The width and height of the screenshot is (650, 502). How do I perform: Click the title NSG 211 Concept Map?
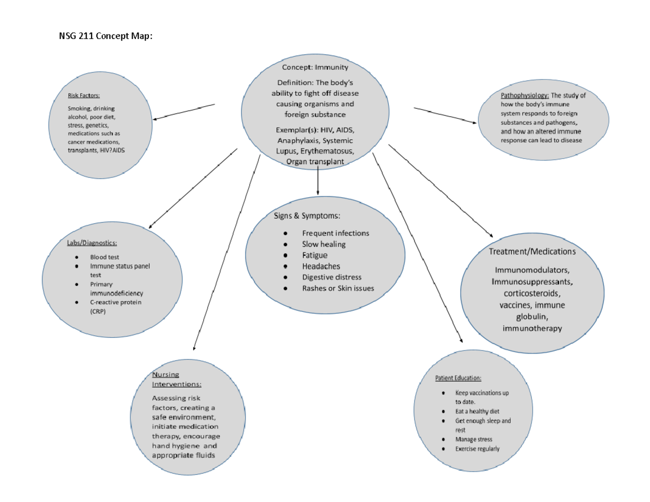pos(106,37)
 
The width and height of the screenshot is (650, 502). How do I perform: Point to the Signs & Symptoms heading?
pos(307,216)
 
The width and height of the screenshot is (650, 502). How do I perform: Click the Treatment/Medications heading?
pos(532,251)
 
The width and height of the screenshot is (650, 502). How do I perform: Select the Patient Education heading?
pos(458,378)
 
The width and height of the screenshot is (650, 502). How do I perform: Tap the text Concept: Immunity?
pos(315,68)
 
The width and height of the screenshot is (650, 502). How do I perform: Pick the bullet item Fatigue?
pos(315,255)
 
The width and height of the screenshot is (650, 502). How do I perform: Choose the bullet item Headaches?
pos(321,266)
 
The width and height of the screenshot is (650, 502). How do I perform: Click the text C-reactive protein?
pos(115,302)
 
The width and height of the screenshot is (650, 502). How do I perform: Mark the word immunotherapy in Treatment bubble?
pos(532,328)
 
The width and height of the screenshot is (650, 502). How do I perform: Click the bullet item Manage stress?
pos(473,439)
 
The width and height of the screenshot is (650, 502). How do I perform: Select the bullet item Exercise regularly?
pos(477,449)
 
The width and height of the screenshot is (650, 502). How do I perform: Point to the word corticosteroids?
pos(532,294)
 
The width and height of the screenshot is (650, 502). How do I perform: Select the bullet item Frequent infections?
pos(335,233)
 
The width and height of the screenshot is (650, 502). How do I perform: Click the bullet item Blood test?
pos(105,257)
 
